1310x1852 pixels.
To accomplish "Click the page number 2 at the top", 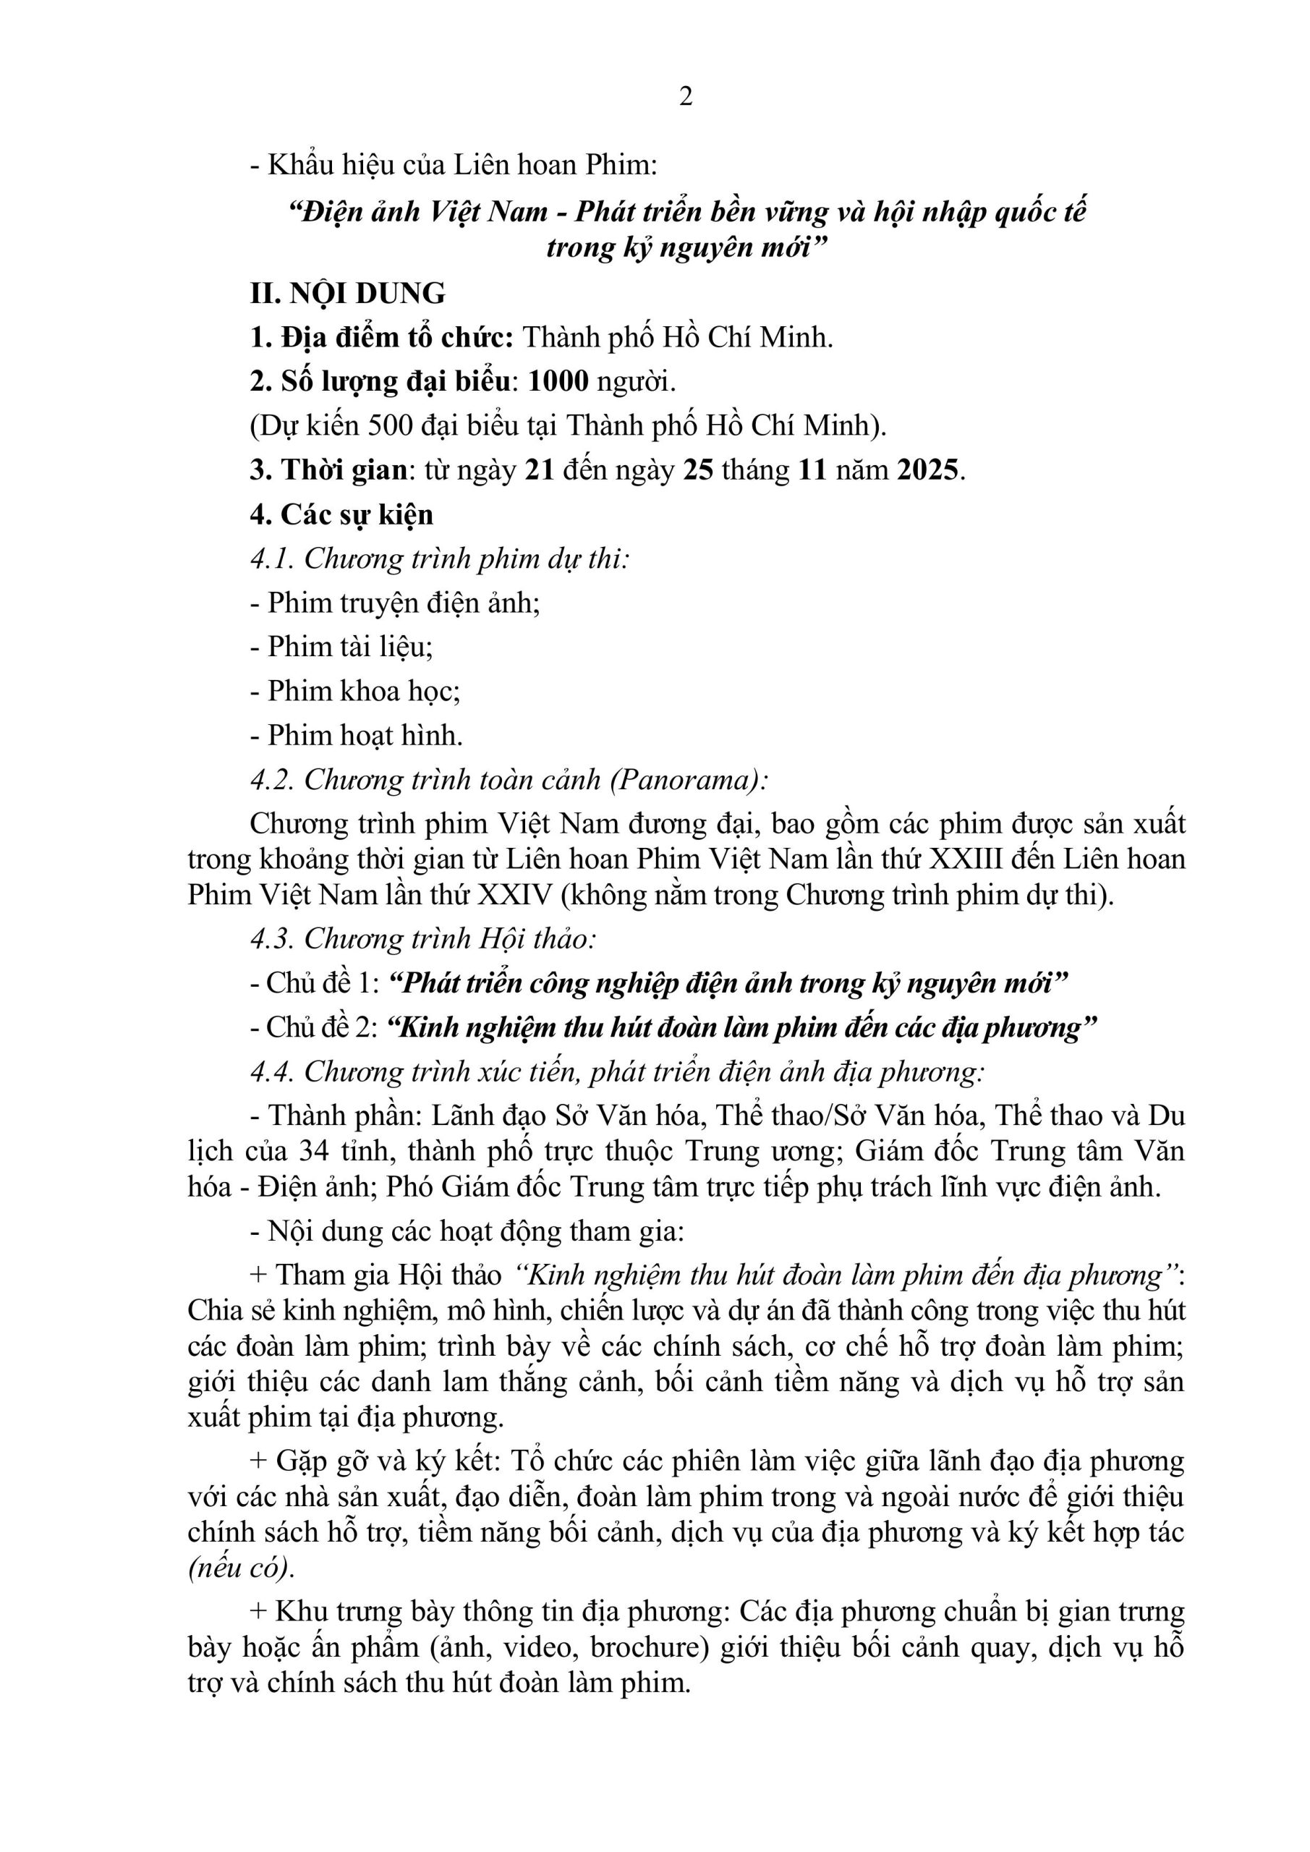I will pos(686,97).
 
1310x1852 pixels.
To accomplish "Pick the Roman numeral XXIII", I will pos(966,859).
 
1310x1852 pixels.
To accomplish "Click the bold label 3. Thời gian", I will pos(328,470).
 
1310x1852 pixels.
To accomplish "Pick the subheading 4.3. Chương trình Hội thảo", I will pos(422,939).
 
